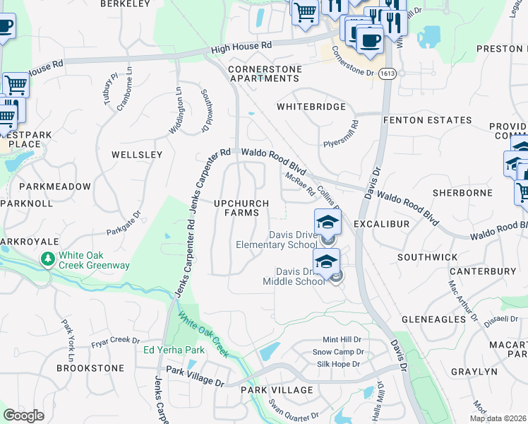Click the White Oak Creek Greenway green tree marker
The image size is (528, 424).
click(x=48, y=259)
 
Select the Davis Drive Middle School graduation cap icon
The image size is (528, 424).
click(x=326, y=262)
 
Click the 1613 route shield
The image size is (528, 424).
click(x=386, y=73)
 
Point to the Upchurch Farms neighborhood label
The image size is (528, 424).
click(x=241, y=208)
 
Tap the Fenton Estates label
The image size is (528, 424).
click(x=427, y=120)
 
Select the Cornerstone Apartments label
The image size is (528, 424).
click(x=265, y=73)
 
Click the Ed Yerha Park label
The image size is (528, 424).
click(x=174, y=350)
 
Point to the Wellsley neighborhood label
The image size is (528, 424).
click(x=137, y=154)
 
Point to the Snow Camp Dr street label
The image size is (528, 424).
click(x=338, y=352)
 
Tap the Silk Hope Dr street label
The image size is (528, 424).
click(x=337, y=364)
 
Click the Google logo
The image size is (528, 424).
click(x=23, y=416)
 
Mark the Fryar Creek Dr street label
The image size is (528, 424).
click(x=116, y=342)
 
